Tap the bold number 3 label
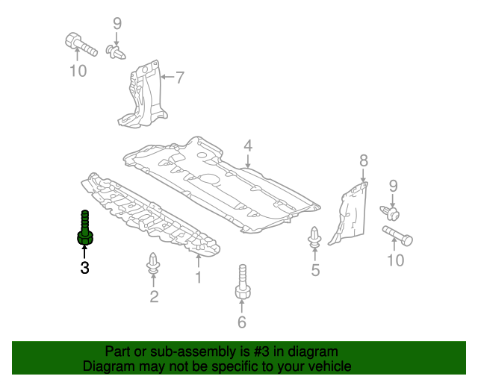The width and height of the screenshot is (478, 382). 84,267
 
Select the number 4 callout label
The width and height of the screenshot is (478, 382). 247,145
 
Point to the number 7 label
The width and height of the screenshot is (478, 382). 179,76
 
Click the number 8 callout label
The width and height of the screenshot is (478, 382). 364,160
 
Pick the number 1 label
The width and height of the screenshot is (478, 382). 199,278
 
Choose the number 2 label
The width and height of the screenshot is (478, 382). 154,297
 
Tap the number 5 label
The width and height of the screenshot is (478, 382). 315,270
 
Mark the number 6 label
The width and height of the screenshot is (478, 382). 241,322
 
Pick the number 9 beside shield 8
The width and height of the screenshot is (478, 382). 394,187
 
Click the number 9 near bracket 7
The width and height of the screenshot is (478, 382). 117,24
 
